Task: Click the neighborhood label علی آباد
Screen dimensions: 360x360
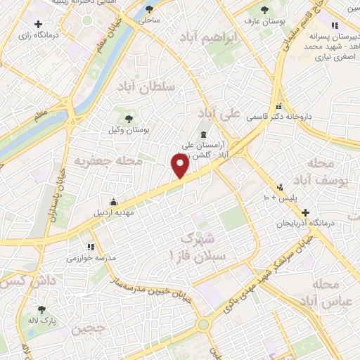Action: coord(219,112)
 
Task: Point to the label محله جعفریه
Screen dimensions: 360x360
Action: coord(108,161)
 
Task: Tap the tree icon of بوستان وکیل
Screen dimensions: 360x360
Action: coord(128,117)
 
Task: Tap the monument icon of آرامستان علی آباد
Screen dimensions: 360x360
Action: coord(204,134)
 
